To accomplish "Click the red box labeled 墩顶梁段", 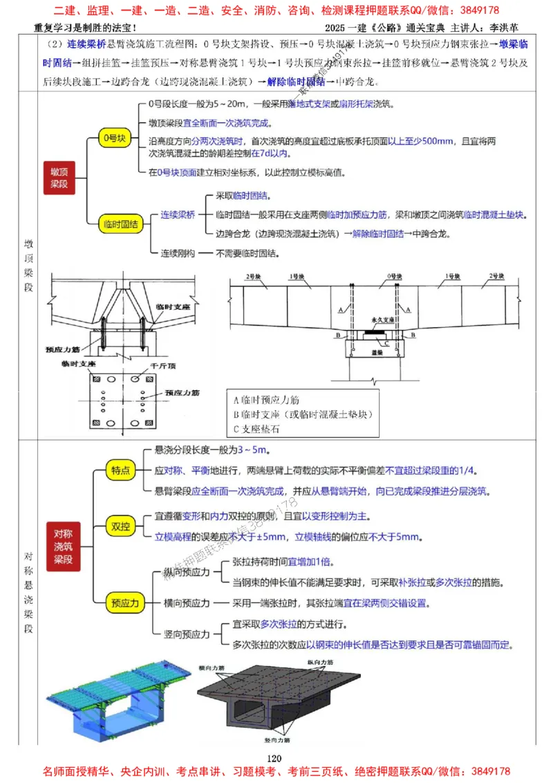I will (59, 176).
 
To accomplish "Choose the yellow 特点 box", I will (121, 470).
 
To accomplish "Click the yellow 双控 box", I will (121, 526).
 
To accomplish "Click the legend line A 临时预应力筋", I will (266, 400).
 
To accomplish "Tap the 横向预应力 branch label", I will (185, 602).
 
